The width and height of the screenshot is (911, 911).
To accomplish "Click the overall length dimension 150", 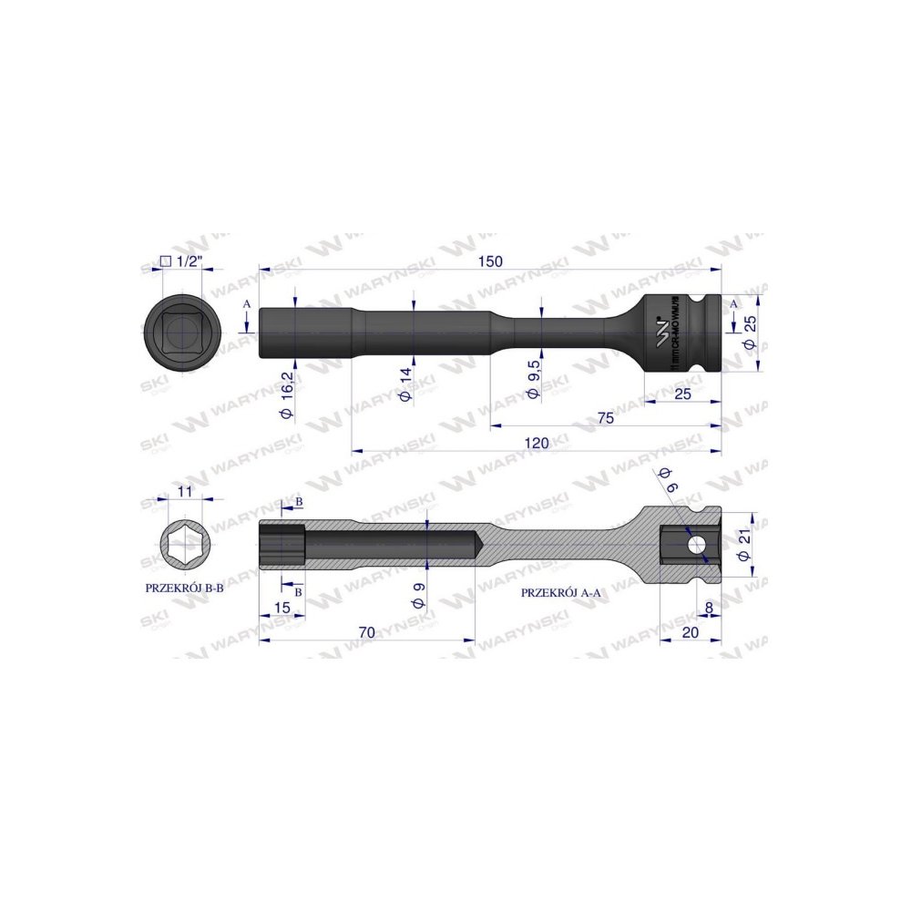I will pyautogui.click(x=490, y=261).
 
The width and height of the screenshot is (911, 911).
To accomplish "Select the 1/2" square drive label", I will pyautogui.click(x=185, y=261).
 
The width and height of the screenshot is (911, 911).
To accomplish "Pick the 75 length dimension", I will pyautogui.click(x=604, y=418).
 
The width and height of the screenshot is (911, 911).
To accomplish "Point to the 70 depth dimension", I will pyautogui.click(x=367, y=630).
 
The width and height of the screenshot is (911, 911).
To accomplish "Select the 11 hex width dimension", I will pyautogui.click(x=184, y=491).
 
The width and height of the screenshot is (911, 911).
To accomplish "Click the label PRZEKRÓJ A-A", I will pyautogui.click(x=561, y=591).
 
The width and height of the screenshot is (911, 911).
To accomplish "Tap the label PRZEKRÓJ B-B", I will pyautogui.click(x=185, y=588).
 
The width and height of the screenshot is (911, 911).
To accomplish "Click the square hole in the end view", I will pyautogui.click(x=184, y=331).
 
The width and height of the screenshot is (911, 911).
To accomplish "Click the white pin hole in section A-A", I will pyautogui.click(x=697, y=545).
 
